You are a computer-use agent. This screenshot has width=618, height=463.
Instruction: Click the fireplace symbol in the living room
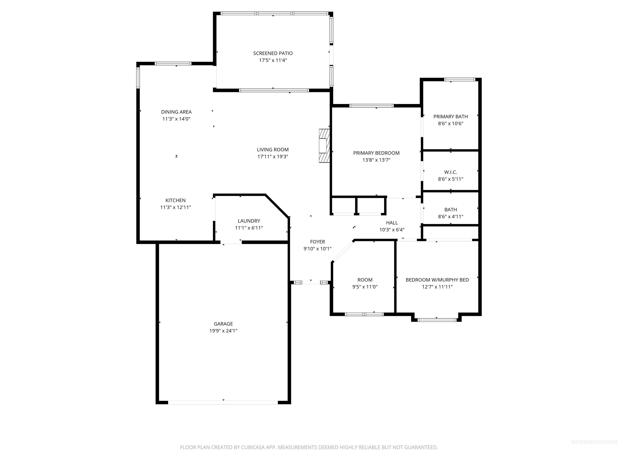point(324,146)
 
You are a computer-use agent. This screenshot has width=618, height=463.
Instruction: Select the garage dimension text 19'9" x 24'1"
point(223,331)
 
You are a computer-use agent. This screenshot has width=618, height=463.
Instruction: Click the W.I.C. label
point(450,172)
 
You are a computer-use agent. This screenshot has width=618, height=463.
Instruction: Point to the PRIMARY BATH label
point(450,117)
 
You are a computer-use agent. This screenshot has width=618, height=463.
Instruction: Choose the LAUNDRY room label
point(249,221)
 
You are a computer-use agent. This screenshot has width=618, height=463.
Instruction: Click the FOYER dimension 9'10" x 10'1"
point(317,249)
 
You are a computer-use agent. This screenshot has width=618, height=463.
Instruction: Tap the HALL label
point(392,223)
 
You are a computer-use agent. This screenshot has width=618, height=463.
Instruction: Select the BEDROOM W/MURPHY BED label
point(437,280)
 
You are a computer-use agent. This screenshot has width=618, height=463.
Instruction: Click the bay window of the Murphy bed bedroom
point(437,320)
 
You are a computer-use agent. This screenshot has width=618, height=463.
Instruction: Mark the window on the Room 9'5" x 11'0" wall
point(364,314)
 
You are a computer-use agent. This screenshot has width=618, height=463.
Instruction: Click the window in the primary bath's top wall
point(460,80)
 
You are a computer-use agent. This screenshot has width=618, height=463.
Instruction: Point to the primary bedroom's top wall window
point(371,106)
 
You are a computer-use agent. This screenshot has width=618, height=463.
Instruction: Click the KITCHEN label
point(175,200)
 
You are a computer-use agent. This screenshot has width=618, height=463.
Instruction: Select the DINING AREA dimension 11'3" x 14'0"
point(176,119)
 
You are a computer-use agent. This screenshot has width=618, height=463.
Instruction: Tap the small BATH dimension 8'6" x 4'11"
point(450,217)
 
